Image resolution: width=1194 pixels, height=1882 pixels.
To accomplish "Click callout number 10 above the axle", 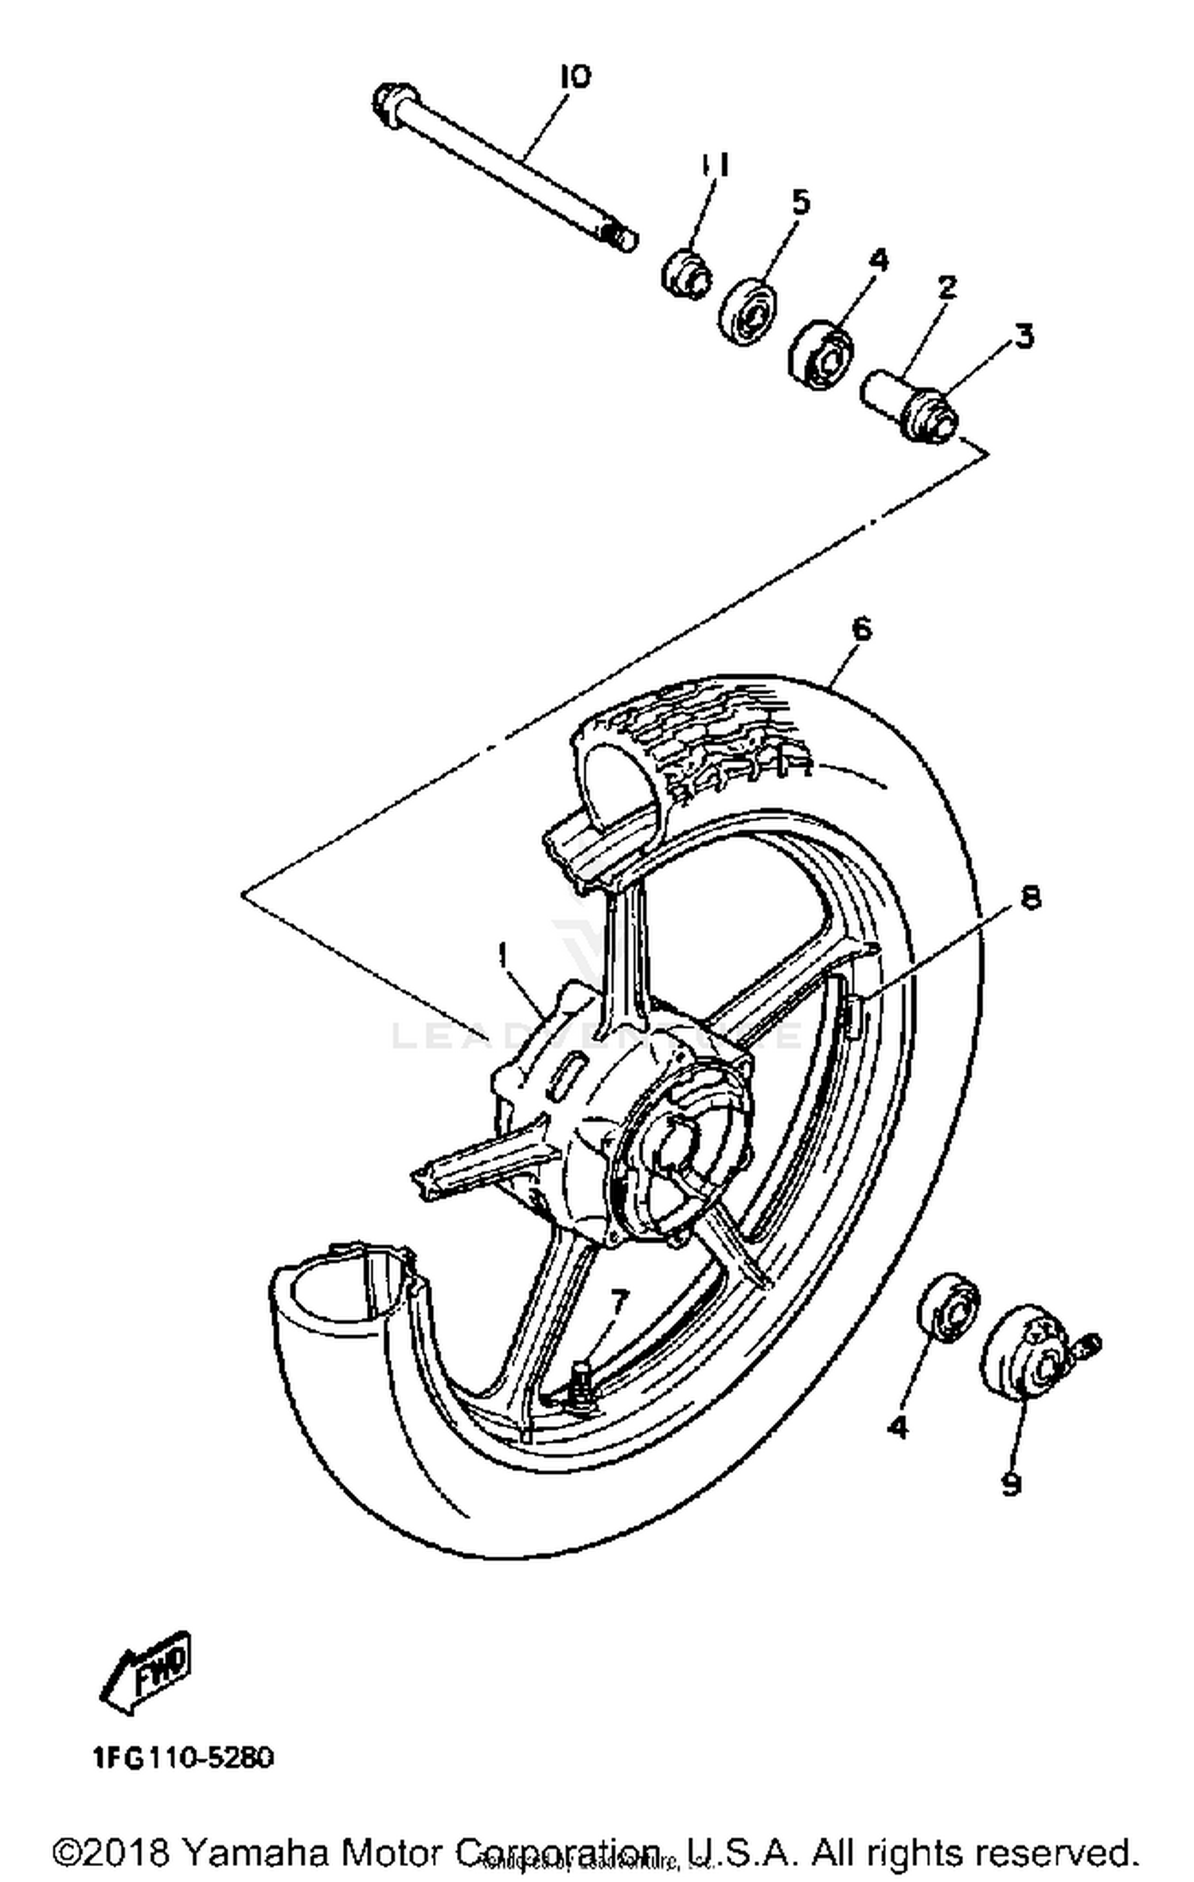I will click(x=575, y=77).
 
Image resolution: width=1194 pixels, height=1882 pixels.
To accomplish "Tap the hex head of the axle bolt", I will click(x=392, y=104).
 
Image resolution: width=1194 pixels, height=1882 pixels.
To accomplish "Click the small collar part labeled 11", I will click(x=686, y=275).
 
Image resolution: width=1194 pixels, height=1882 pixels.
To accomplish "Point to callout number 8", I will click(x=1030, y=898).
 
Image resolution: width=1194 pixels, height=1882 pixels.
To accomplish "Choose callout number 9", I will click(x=1010, y=1483).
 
